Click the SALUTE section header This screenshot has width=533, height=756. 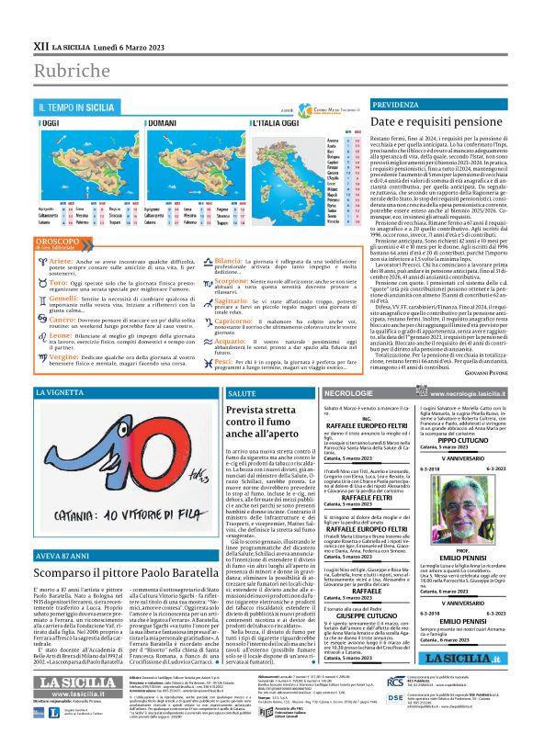[x=237, y=393]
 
